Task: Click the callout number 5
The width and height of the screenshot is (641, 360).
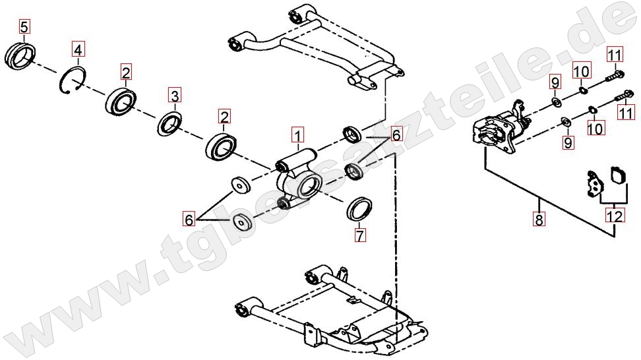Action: coord(24,28)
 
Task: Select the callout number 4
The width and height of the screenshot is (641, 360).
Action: coord(78,49)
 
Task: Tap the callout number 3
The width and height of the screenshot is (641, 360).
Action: coord(175,96)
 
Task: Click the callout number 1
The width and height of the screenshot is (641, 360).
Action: coord(297,135)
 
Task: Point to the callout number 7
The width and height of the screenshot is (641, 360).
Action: coord(360,235)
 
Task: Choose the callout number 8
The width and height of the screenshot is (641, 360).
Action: coord(539,219)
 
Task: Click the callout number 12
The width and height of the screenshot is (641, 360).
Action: coord(615,216)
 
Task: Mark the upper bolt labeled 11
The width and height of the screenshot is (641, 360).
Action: coord(615,75)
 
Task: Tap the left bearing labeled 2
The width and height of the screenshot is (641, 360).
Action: coord(122,100)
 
